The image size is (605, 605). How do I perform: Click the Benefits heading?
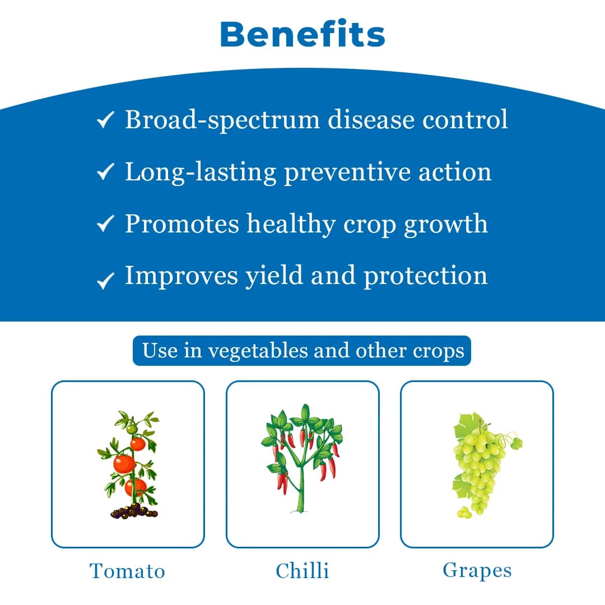[302, 35]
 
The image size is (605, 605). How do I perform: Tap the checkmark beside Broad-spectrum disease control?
[105, 119]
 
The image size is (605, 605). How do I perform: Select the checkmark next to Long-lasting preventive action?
[105, 171]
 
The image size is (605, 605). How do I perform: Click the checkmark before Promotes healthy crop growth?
[105, 224]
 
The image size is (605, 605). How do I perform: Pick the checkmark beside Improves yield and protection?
[105, 280]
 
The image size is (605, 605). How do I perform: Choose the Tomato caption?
[128, 571]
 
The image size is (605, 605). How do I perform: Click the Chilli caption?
[302, 571]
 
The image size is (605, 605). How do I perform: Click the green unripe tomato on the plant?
[131, 429]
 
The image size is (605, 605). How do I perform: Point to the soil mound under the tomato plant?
[134, 511]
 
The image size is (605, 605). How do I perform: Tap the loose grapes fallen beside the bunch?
[464, 512]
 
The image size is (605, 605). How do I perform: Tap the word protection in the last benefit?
[426, 276]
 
